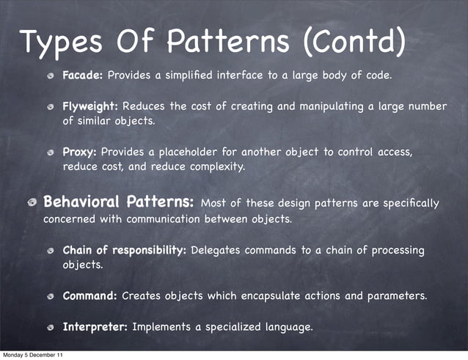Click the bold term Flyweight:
pos(93,106)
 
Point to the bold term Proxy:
pos(80,152)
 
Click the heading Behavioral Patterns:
pos(119,202)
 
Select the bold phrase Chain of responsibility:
pos(125,250)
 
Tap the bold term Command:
pos(90,296)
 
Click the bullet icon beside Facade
pos(52,76)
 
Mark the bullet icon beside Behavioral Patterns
pos(33,203)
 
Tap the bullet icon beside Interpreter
pos(52,327)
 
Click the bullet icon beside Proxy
pos(52,153)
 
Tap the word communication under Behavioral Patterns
pos(166,219)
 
